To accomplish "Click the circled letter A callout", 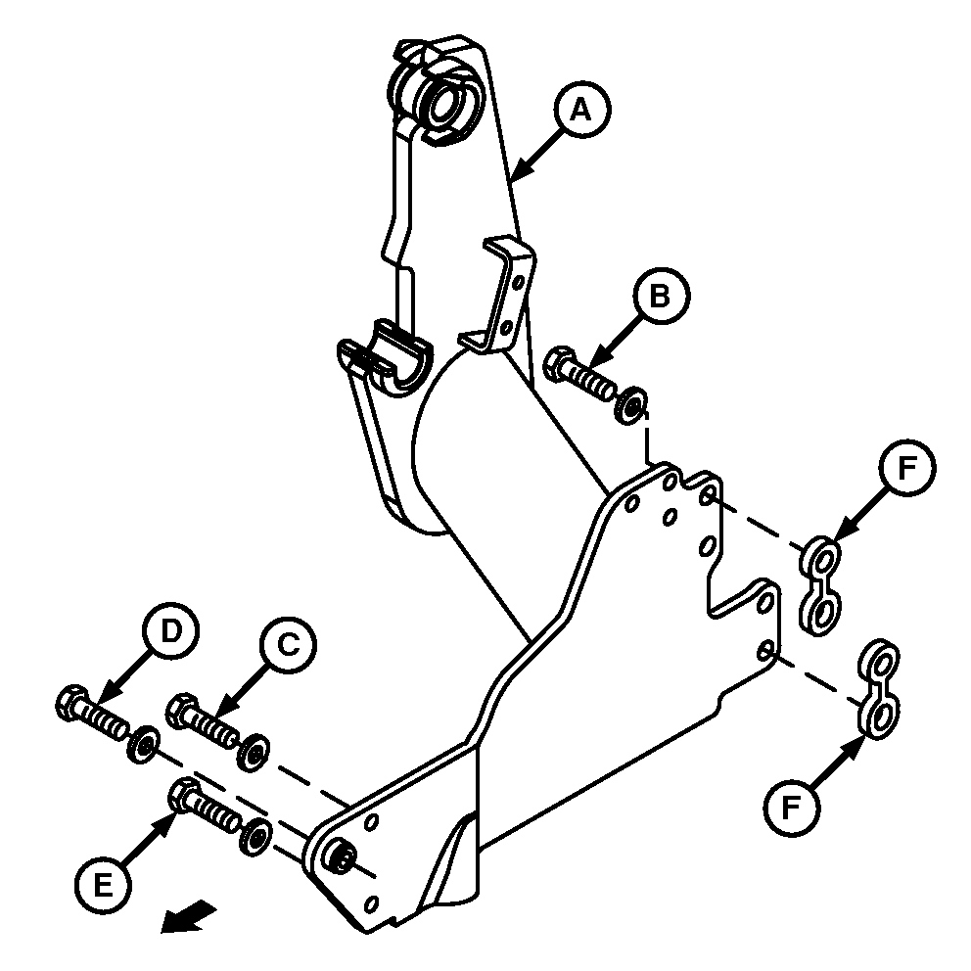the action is click(x=582, y=111).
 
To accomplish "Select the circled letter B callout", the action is click(x=662, y=296).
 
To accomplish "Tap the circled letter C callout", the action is click(x=288, y=644).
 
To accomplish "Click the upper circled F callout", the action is click(x=907, y=468).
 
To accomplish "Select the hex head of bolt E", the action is click(x=183, y=793).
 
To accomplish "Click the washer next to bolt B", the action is click(x=631, y=404).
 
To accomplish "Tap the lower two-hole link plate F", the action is click(x=878, y=689).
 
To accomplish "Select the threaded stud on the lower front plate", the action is click(x=342, y=856).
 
